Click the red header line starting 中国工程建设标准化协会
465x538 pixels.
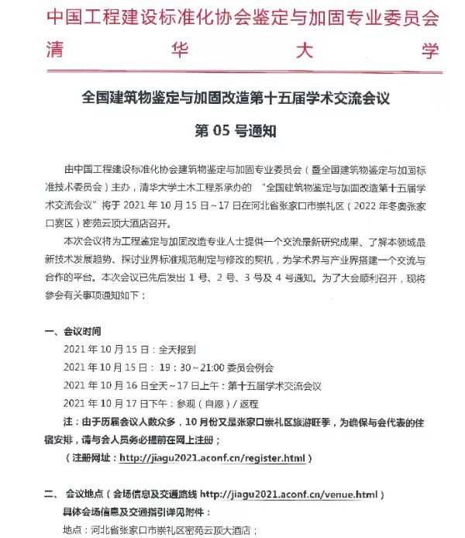coord(232,16)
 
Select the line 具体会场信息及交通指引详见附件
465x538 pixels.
coord(135,512)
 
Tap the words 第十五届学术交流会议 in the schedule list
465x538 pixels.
coord(274,385)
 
